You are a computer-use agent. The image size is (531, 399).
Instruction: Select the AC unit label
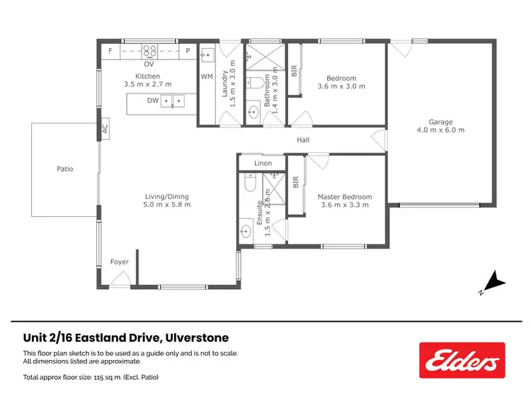click(x=105, y=130)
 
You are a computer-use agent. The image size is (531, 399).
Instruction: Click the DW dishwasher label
click(x=153, y=101)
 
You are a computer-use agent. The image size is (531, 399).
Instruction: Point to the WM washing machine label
click(x=207, y=76)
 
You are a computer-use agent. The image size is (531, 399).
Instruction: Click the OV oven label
click(x=149, y=64)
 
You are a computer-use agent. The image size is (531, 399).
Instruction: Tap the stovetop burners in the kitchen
click(x=150, y=50)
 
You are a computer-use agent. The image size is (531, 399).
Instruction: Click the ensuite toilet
click(x=247, y=184)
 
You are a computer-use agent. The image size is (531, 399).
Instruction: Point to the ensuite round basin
click(x=246, y=230)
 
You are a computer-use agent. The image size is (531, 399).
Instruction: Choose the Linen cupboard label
click(x=263, y=164)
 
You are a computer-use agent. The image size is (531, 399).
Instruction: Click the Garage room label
click(x=440, y=122)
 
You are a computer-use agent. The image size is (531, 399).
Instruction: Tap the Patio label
click(x=65, y=169)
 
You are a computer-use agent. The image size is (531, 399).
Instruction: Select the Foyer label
click(x=120, y=262)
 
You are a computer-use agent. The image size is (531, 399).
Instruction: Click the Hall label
click(x=303, y=140)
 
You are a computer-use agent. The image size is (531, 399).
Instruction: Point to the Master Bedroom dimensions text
click(x=345, y=205)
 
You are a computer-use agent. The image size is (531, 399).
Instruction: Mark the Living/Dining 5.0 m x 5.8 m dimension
click(x=168, y=205)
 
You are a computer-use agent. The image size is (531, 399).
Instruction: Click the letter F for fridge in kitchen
click(x=110, y=50)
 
